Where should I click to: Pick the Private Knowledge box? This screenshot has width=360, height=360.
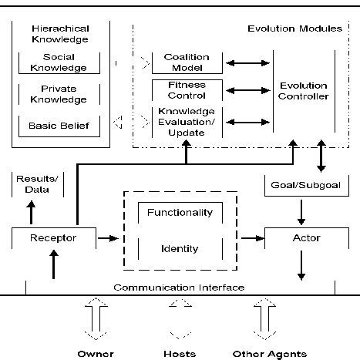52,94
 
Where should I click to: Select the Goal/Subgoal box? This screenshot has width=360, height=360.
303,187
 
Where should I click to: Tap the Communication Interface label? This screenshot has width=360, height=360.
179,287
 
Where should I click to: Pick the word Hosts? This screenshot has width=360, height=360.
180,354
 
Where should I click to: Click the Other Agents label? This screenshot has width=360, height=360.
267,354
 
